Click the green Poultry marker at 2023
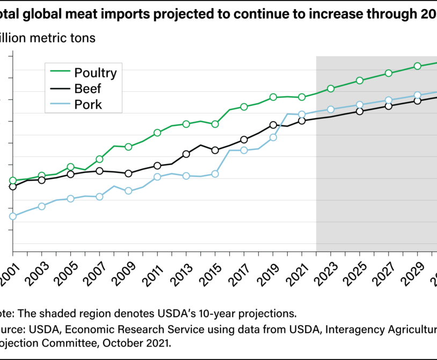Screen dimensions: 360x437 (x=331, y=89)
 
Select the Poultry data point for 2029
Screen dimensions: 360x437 (x=417, y=66)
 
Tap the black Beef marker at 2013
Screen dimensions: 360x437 (x=186, y=154)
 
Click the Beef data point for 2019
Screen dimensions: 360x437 (x=273, y=125)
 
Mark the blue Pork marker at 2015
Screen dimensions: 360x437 (x=215, y=174)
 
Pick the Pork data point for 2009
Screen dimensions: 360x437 (x=128, y=191)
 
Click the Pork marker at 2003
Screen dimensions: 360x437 (x=42, y=206)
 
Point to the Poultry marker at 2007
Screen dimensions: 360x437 (x=99, y=159)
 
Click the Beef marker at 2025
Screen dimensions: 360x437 (x=360, y=111)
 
